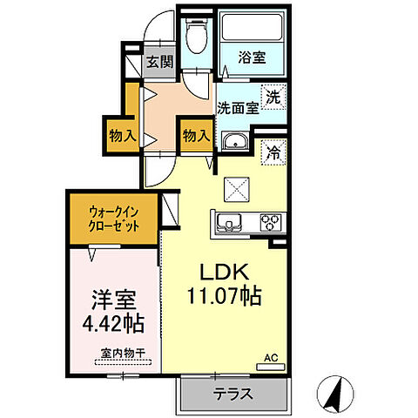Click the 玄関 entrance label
click(x=159, y=62)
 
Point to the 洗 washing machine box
click(x=273, y=97)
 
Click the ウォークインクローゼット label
click(x=114, y=216)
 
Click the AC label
click(x=272, y=356)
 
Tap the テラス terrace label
click(x=234, y=394)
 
